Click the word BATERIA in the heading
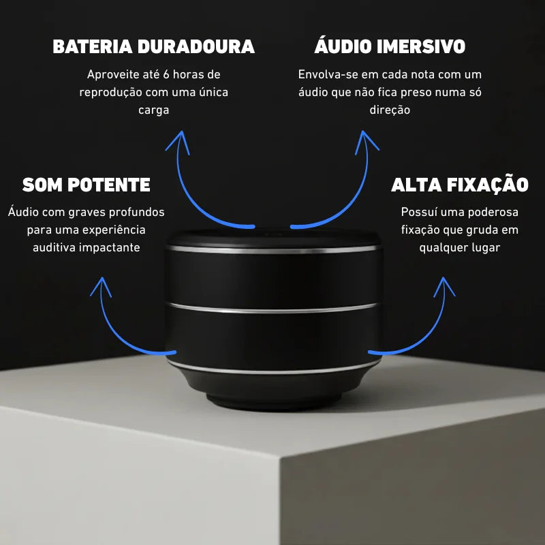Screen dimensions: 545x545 [x=93, y=46]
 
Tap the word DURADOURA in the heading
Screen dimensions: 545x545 [x=196, y=46]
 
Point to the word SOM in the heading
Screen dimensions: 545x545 [x=42, y=185]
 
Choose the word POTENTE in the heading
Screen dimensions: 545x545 [x=109, y=185]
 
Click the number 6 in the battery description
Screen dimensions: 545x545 [x=166, y=74]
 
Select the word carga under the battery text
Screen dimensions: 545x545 [x=154, y=110]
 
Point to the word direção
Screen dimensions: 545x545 [x=390, y=110]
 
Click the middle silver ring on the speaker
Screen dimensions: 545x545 [x=272, y=308]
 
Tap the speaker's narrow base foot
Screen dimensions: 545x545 [x=272, y=401]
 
